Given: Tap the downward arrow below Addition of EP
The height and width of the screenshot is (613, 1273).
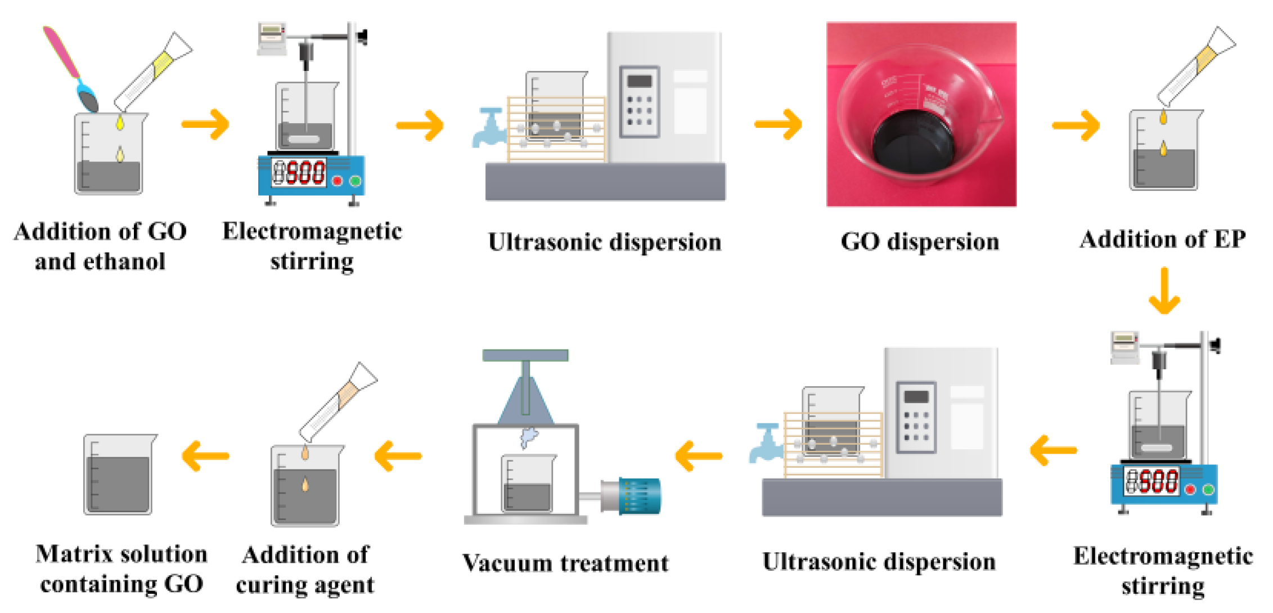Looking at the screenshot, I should [x=1164, y=291].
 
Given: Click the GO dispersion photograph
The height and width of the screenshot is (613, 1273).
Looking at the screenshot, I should [x=921, y=114].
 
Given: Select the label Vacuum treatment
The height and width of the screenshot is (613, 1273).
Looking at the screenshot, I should [x=565, y=563].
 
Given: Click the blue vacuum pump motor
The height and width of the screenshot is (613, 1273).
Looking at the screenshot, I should [x=638, y=496].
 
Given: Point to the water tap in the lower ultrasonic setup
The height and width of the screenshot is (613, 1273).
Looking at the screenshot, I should [x=766, y=443].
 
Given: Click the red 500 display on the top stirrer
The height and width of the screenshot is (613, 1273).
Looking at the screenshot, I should [x=305, y=173].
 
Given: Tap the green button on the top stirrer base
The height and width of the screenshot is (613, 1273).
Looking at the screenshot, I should [x=355, y=181].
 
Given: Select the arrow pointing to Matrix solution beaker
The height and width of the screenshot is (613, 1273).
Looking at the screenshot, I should [x=205, y=455].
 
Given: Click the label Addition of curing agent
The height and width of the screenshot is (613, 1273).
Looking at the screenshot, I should [x=305, y=570].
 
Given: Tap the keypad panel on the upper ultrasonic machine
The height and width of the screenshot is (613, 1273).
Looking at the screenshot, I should [x=639, y=102].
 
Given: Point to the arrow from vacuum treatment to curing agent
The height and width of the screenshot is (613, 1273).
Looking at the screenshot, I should [x=398, y=455].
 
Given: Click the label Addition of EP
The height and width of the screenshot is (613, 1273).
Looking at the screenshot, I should [x=1162, y=239].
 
